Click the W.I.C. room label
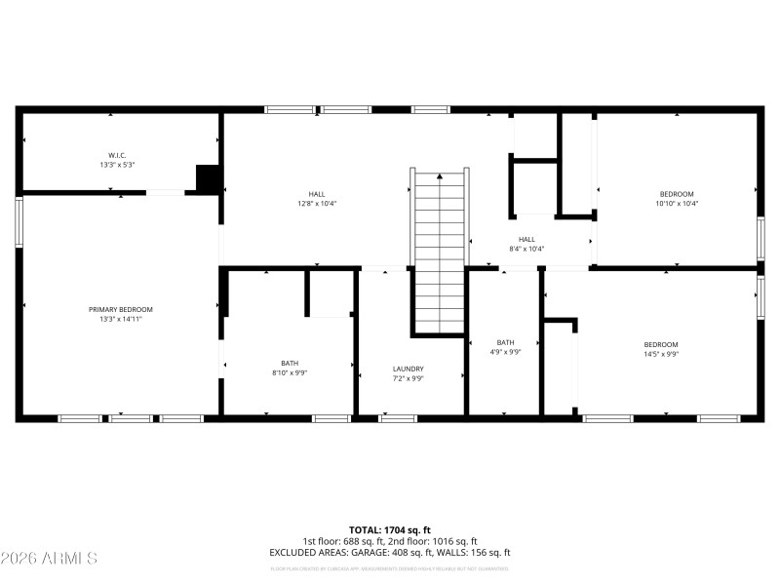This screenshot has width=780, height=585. [x=117, y=155]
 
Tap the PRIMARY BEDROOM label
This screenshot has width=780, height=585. [x=120, y=309]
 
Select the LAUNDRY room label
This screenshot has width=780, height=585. [x=409, y=369]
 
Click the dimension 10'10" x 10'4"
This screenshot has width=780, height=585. [x=677, y=204]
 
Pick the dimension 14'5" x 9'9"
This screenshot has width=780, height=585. [x=660, y=355]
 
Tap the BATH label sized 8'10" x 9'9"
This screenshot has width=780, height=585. [x=290, y=363]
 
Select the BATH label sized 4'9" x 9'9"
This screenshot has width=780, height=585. [x=505, y=342]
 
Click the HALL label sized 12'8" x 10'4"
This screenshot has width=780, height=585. [x=317, y=193]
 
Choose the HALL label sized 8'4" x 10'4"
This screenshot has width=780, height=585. [x=526, y=239]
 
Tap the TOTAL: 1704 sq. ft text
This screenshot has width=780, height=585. [x=389, y=529]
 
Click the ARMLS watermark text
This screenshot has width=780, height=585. [x=49, y=559]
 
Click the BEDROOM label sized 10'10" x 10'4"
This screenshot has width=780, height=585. [x=677, y=193]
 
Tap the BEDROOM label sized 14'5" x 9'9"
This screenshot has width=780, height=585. [x=660, y=344]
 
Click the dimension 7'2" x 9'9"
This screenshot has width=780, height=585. [x=409, y=379]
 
